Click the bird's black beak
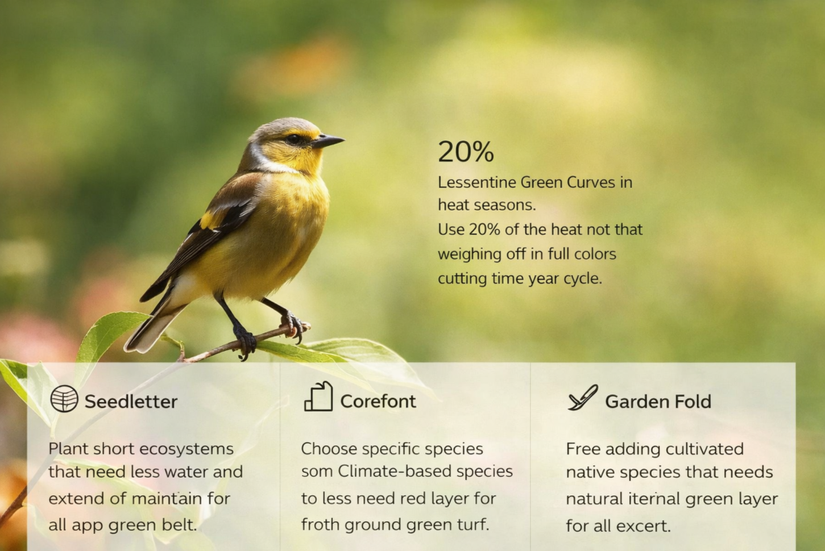point(329,141)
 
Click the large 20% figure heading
point(466,152)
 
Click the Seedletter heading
point(131,401)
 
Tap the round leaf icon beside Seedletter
point(64,399)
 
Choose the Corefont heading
point(378,401)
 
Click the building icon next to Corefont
point(318,397)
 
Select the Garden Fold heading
point(657,401)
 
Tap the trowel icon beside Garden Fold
point(582,398)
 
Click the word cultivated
point(699,449)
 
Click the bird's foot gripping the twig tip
point(293,325)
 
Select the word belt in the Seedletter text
point(180,524)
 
